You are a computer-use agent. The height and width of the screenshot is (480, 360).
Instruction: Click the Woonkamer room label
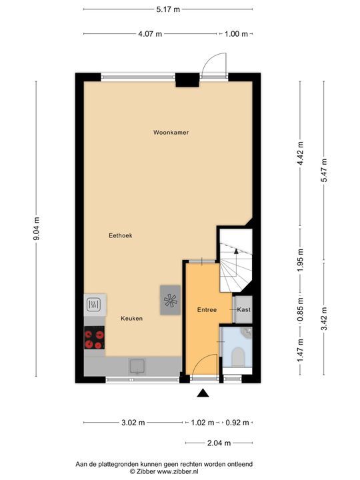pos(171,133)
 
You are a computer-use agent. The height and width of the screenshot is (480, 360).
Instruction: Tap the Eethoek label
pos(121,235)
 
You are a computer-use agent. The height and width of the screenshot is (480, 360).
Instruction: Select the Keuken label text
pos(131,319)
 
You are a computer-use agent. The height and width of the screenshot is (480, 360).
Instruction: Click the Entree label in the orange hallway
pos(207,310)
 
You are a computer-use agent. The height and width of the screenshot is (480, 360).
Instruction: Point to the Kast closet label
pos(243,310)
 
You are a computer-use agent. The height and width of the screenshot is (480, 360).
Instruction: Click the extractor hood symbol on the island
pos(170,299)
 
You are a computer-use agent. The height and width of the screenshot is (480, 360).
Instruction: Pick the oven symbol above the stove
pos(94,305)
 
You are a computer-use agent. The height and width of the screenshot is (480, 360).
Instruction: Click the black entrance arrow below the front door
pos(203,393)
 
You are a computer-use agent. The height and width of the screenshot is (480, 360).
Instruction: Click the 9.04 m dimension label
pos(38,230)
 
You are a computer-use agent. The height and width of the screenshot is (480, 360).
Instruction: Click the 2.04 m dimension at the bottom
pos(219,443)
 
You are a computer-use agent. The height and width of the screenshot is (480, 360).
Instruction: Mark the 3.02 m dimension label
pos(133,423)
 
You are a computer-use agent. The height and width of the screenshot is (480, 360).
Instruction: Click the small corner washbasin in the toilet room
pos(247,331)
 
